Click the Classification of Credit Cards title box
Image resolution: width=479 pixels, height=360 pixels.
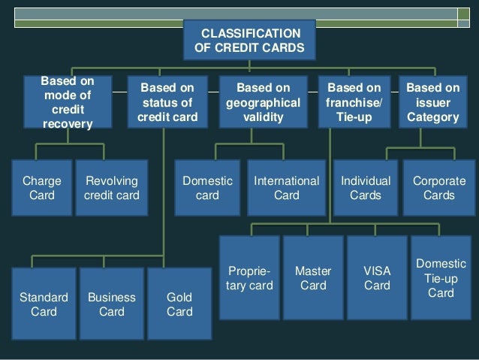click(x=249, y=41)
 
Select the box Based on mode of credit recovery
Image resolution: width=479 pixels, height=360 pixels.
click(x=68, y=102)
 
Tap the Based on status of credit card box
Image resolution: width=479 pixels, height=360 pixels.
click(x=167, y=102)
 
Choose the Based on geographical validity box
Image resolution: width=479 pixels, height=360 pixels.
click(x=263, y=102)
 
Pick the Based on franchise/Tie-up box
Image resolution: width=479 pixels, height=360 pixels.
click(x=354, y=102)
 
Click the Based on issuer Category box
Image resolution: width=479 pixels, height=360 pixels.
click(x=432, y=102)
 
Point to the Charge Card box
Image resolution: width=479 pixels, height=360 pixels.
click(x=42, y=188)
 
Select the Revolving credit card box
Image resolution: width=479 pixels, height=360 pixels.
click(x=111, y=188)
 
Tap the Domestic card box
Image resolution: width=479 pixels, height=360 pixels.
click(x=207, y=188)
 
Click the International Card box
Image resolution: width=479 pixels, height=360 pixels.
click(x=287, y=188)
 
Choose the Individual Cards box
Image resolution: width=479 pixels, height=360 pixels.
click(x=366, y=188)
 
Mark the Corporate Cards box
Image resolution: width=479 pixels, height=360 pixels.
click(x=439, y=188)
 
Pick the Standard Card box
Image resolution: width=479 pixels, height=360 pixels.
click(x=44, y=304)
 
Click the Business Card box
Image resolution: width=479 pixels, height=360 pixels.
click(x=112, y=304)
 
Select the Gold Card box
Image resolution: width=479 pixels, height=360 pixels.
click(x=179, y=304)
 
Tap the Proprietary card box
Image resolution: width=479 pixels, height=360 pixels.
click(x=249, y=277)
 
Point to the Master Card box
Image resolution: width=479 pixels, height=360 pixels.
click(x=313, y=277)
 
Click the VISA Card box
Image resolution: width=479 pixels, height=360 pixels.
click(x=377, y=277)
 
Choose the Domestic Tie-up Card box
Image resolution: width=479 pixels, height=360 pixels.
click(x=441, y=277)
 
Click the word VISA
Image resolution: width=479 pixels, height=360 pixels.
click(x=377, y=270)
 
